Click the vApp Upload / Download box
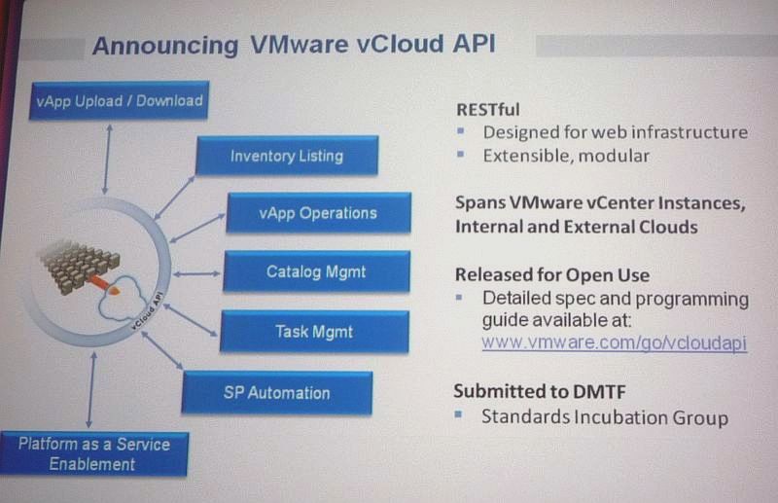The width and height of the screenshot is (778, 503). [119, 100]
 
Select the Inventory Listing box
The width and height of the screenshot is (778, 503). [287, 156]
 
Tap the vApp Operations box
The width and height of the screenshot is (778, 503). [319, 213]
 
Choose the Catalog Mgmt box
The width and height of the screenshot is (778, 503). [317, 271]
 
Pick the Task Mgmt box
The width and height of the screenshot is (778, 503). [314, 332]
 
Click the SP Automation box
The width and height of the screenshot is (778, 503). [277, 393]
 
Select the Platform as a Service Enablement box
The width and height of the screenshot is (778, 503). [94, 453]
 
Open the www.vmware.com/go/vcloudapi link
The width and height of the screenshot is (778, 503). [615, 342]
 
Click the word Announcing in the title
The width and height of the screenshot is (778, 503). [165, 46]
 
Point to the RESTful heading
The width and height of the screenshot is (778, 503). [488, 110]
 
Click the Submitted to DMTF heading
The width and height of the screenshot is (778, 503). [540, 391]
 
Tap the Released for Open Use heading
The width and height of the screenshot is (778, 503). [552, 275]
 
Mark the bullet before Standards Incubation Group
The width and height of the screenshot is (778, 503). [458, 414]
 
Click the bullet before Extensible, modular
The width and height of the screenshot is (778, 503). [461, 154]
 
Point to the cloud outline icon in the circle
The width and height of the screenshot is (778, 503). [123, 298]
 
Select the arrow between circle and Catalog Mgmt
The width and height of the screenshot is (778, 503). [197, 273]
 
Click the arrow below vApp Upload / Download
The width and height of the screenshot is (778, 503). [107, 159]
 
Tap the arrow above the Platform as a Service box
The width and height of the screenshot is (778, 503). [91, 390]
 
